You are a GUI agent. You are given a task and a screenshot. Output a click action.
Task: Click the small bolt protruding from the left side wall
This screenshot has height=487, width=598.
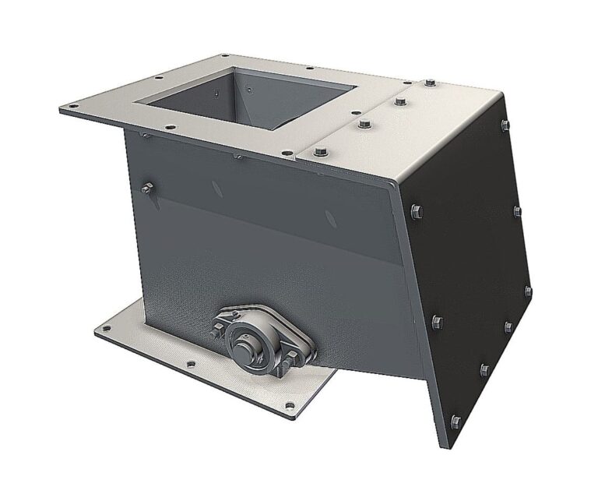coord(146,186)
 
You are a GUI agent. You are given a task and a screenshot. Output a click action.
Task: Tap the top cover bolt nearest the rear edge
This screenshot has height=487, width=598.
coord(431,83)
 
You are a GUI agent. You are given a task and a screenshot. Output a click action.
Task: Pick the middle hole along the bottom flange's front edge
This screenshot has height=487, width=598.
coord(189,364)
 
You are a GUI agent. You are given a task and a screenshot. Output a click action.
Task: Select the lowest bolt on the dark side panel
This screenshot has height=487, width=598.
coord(456,421)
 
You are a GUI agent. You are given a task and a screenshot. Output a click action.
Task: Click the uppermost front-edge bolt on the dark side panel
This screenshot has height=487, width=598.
coord(413,210)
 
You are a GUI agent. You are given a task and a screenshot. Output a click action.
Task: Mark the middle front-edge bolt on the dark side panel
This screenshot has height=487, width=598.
coord(435,320)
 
